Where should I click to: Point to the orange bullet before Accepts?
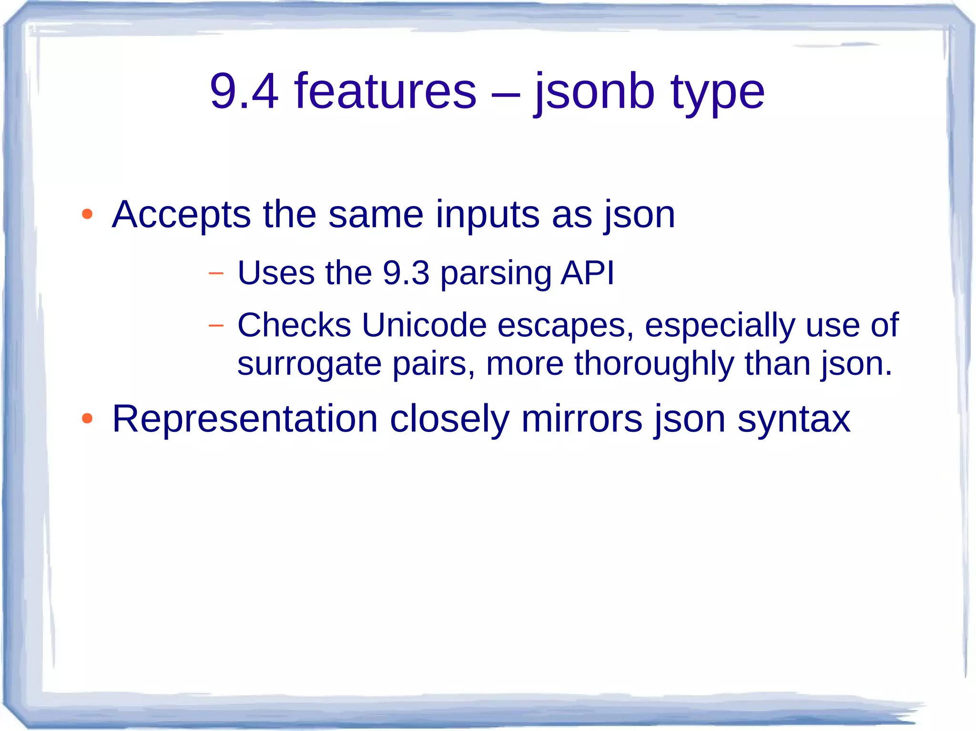87,214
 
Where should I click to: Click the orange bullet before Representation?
87,419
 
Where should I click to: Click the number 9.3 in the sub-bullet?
406,273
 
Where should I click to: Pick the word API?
588,273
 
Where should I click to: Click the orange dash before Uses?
216,274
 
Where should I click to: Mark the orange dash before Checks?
216,326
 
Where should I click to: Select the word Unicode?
424,325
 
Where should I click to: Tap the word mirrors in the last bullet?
581,419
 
